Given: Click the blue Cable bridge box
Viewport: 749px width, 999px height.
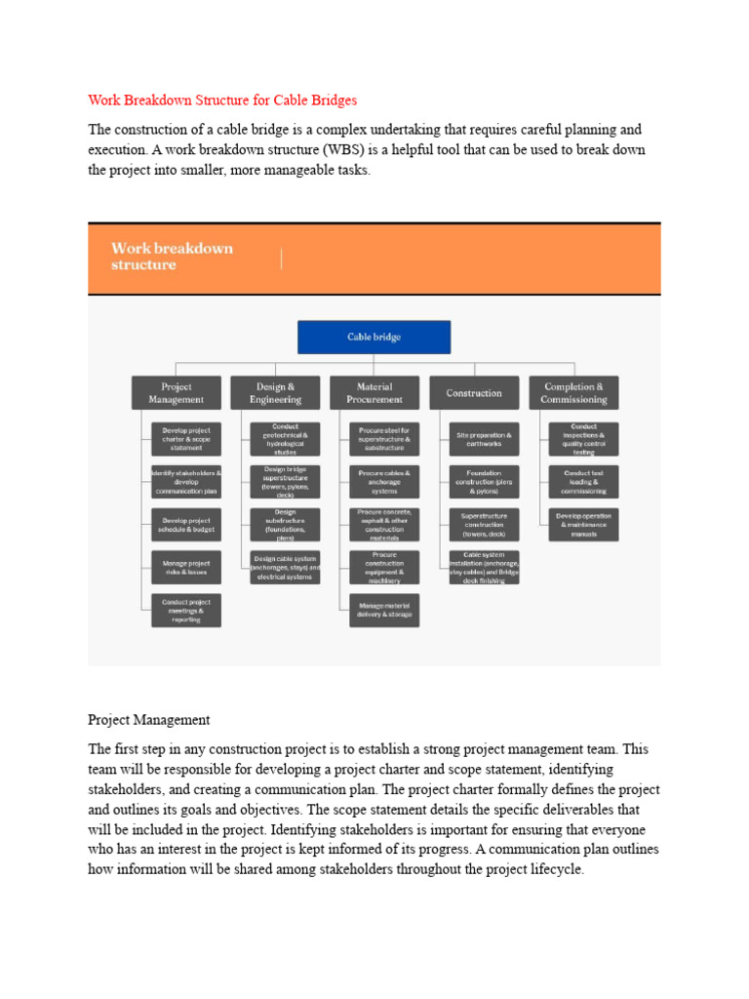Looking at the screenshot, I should pos(374,337).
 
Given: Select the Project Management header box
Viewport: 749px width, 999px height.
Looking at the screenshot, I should pos(177,392).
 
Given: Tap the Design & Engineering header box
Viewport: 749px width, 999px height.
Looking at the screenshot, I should pos(274,392).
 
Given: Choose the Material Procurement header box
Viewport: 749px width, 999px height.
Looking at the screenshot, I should pos(374,392).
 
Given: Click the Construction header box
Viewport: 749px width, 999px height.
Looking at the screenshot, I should pos(474,392).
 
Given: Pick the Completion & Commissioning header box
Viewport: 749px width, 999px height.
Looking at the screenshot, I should pos(573,392).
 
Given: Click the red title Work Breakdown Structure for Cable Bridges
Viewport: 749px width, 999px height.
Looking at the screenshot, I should pos(222,100).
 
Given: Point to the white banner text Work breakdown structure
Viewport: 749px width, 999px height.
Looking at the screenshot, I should pos(172,256).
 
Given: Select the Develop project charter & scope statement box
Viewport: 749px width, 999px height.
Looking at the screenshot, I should pos(186,438).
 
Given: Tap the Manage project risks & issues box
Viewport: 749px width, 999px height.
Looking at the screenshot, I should pos(186,567).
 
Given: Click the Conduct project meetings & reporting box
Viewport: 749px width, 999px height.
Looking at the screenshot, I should pos(186,610).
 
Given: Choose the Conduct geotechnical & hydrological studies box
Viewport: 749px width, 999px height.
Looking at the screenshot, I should pos(285,438).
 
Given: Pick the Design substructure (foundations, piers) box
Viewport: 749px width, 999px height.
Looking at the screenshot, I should pos(285,524).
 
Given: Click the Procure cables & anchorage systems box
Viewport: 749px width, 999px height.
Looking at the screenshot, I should pos(384,481).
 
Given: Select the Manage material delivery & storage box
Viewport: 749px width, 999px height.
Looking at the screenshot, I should pos(384,610).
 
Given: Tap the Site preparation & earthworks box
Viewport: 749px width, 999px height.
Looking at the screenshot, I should pos(484,438).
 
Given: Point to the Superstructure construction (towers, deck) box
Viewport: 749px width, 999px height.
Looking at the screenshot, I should pos(484,524).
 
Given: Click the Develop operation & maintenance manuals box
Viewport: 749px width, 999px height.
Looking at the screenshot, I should pos(583,524).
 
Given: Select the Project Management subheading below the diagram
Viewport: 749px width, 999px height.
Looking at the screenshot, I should pos(148,720).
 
